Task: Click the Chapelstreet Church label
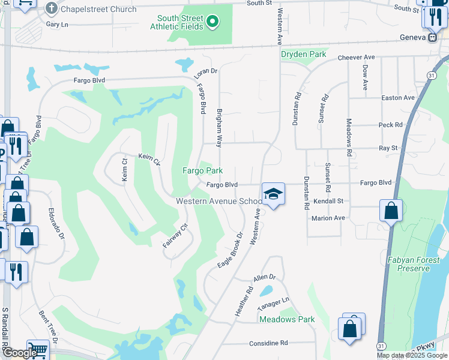(x=98, y=10)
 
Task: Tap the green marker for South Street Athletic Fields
(x=211, y=23)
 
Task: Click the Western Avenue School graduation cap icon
(x=273, y=194)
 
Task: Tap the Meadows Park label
(x=287, y=319)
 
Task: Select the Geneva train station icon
(x=432, y=37)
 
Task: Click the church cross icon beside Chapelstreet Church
(x=51, y=9)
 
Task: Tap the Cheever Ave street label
(x=356, y=58)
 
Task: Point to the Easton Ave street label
(x=398, y=98)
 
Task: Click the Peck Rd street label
(x=390, y=125)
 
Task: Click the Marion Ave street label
(x=328, y=218)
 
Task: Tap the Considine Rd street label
(x=268, y=343)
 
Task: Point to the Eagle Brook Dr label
(x=230, y=250)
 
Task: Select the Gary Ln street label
(x=57, y=25)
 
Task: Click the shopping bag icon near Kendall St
(x=391, y=211)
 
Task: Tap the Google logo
(x=19, y=353)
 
